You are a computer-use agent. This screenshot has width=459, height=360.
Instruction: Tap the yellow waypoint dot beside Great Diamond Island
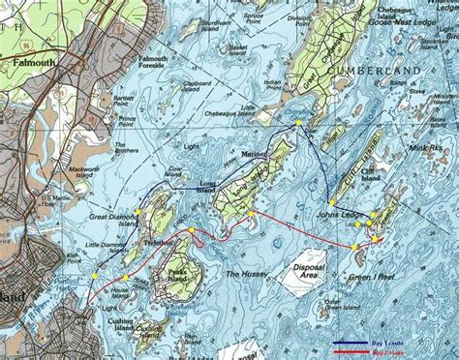point(138,211)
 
